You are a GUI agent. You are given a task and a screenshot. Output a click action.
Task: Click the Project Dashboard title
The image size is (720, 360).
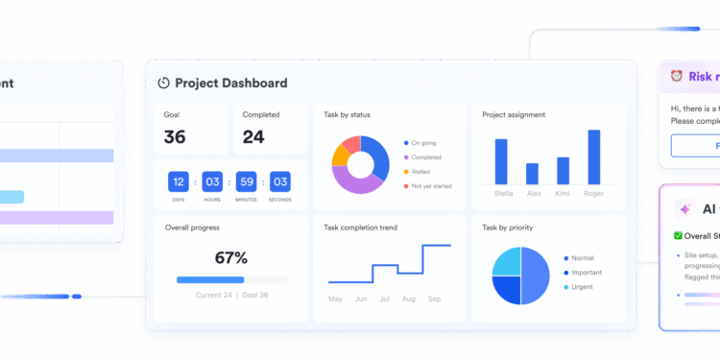(230, 84)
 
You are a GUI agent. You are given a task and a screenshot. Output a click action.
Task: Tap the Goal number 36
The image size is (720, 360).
(175, 137)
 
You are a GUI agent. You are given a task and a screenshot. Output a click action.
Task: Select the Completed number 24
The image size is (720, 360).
(253, 137)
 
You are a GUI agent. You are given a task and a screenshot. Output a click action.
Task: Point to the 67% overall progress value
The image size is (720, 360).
(231, 258)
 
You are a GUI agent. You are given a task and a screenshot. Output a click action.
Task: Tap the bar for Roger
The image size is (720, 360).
(594, 158)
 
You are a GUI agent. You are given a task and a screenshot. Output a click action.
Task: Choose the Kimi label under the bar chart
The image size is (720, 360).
(563, 192)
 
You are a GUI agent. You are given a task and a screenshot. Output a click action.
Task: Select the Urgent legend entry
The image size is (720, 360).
(580, 287)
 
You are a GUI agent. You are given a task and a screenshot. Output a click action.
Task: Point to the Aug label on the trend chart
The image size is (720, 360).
(409, 300)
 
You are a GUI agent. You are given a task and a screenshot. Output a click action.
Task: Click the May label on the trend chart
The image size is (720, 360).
(335, 300)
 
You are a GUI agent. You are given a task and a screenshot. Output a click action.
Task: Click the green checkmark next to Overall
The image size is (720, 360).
(678, 235)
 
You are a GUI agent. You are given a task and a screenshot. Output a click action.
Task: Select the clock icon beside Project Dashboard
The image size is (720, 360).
(163, 84)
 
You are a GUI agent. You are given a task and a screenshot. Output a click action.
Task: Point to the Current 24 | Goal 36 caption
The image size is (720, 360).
(231, 295)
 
